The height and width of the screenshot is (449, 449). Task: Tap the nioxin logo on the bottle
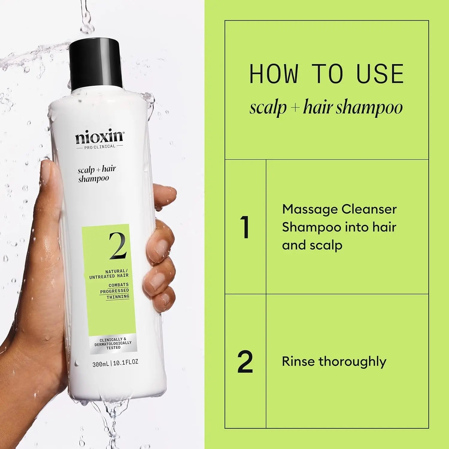coord(99,137)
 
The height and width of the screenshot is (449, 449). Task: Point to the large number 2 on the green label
coord(117,246)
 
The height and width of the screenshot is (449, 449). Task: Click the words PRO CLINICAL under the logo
coord(100,146)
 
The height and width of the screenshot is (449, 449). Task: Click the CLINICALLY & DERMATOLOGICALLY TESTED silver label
coord(113,344)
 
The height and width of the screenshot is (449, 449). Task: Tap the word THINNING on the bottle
coord(118,297)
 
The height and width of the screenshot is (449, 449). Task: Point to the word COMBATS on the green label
coord(119,285)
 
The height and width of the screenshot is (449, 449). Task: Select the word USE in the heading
coord(380,74)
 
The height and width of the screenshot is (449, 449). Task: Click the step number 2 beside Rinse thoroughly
coord(245,362)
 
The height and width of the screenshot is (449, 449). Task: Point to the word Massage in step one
coord(310,209)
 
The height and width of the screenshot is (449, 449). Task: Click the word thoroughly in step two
coord(352,362)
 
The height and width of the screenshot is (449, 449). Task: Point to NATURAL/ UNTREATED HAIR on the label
coord(109,274)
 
